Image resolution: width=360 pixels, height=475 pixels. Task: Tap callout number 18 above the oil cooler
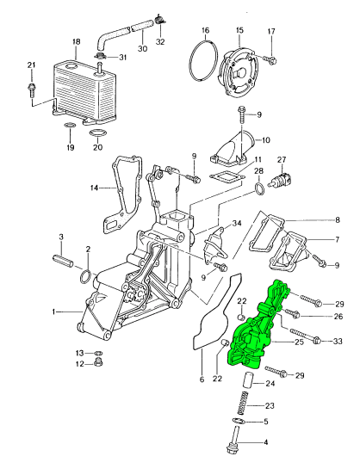(76, 41)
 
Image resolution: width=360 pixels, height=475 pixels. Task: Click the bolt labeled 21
(31, 89)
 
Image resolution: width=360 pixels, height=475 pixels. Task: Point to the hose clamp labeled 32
(159, 21)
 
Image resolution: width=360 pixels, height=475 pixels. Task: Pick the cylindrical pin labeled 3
(63, 262)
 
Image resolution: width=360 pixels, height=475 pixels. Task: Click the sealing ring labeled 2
(85, 276)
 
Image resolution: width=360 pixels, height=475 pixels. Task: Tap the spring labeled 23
(243, 404)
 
